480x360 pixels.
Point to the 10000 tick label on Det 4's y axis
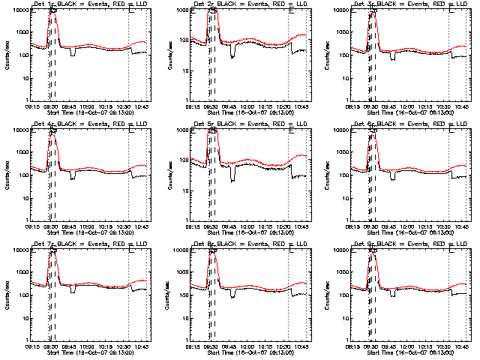[18, 130]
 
